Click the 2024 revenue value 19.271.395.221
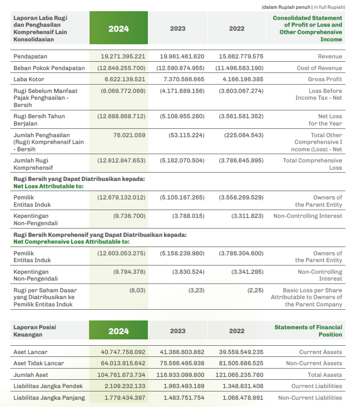[x=123, y=56]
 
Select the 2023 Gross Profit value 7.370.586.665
[x=184, y=79]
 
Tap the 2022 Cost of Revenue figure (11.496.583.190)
[x=239, y=68]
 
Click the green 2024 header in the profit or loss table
[x=119, y=28]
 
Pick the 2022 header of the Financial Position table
[x=236, y=331]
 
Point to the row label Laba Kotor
[x=29, y=79]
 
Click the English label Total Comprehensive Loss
[x=312, y=164]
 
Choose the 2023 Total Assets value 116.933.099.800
[x=180, y=375]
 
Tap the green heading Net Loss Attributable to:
[x=49, y=186]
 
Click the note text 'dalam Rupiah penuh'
[x=287, y=7]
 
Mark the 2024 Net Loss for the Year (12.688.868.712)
[x=121, y=116]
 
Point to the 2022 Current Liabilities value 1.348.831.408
[x=243, y=386]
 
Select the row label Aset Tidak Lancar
[x=39, y=363]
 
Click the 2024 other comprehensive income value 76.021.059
[x=129, y=135]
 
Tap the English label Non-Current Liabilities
[x=310, y=398]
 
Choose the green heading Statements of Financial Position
[x=308, y=331]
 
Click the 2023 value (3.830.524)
[x=188, y=272]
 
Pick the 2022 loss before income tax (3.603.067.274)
[x=241, y=91]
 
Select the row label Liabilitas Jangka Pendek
[x=48, y=386]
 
